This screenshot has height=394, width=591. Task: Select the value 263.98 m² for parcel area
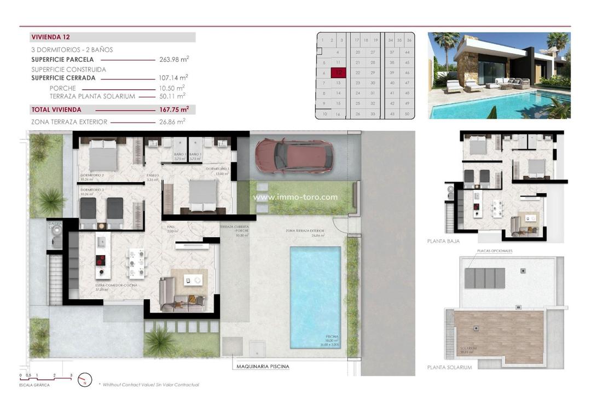(x=173, y=59)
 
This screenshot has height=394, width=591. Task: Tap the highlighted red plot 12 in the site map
(x=339, y=72)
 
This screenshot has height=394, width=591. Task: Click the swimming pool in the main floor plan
(x=315, y=296)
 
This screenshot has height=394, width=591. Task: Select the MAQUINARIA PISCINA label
(x=263, y=367)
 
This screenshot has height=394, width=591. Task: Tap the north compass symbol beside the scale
(x=85, y=379)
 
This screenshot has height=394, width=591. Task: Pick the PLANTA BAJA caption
(x=443, y=241)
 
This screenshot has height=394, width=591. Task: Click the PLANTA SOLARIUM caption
(x=449, y=367)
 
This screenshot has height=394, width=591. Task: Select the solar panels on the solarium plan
(x=485, y=278)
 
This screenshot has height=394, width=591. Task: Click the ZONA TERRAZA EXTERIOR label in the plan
(x=305, y=231)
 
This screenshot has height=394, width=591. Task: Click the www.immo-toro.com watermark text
(x=295, y=198)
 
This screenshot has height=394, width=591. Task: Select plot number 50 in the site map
(x=407, y=114)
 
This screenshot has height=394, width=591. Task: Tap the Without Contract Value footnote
(x=148, y=385)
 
